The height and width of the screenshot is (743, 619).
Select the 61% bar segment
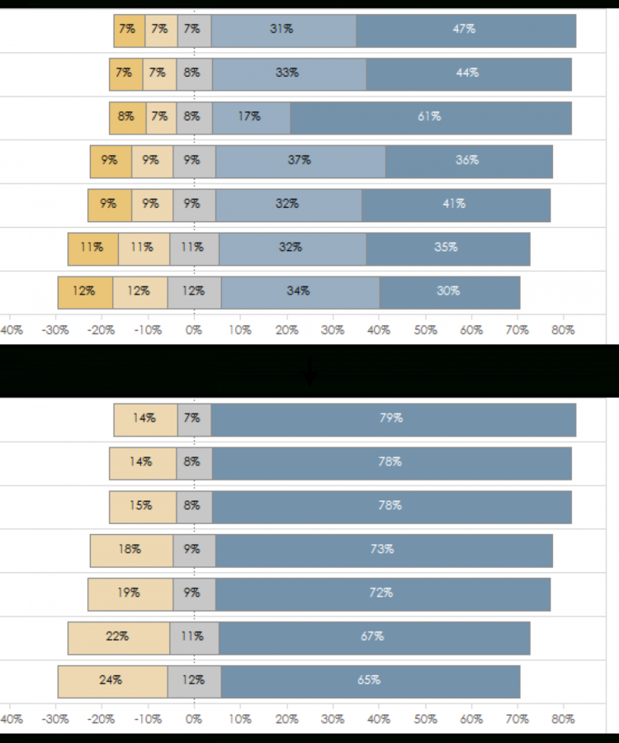pyautogui.click(x=430, y=117)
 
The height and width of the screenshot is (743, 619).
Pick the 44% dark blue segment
pyautogui.click(x=468, y=73)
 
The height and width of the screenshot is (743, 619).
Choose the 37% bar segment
pyautogui.click(x=300, y=161)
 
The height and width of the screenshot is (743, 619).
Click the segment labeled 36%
pyautogui.click(x=468, y=161)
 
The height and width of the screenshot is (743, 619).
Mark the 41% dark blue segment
pyautogui.click(x=456, y=204)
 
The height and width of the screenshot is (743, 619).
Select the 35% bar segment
pyautogui.click(x=447, y=248)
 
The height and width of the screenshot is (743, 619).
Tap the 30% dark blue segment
pyautogui.click(x=449, y=291)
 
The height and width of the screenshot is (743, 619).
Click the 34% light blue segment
pyautogui.click(x=300, y=291)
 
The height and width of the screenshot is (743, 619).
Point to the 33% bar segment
pyautogui.click(x=288, y=73)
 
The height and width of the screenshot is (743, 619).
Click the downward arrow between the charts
pyautogui.click(x=309, y=373)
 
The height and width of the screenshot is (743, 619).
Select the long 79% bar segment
pyautogui.click(x=392, y=419)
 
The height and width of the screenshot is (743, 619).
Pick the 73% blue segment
pyautogui.click(x=383, y=550)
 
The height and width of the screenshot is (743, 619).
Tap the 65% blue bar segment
pyautogui.click(x=370, y=681)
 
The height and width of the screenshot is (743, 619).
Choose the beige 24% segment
pyautogui.click(x=112, y=681)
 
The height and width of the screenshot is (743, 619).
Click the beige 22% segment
pyautogui.click(x=118, y=637)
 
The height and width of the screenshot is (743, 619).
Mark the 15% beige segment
pyautogui.click(x=142, y=506)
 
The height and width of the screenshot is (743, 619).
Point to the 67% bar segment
pyautogui.click(x=373, y=637)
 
